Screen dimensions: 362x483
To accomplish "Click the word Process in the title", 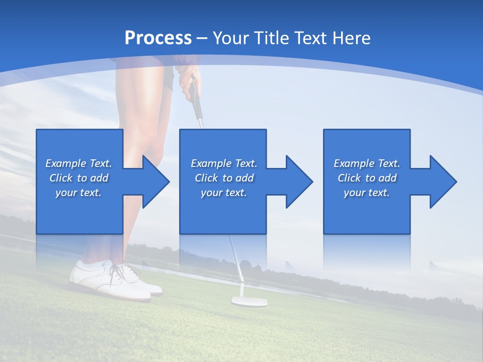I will (158, 38).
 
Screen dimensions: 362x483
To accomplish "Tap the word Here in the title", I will (351, 38).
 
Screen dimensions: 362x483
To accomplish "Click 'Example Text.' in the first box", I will (78, 163).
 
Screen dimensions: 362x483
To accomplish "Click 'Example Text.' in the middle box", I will (224, 163).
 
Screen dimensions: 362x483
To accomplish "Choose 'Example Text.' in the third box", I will (367, 163).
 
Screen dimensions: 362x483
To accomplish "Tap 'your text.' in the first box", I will (78, 193).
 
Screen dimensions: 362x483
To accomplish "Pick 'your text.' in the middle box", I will (224, 193).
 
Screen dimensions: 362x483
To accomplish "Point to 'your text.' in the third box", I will (367, 193).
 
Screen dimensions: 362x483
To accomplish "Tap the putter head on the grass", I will (249, 301).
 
